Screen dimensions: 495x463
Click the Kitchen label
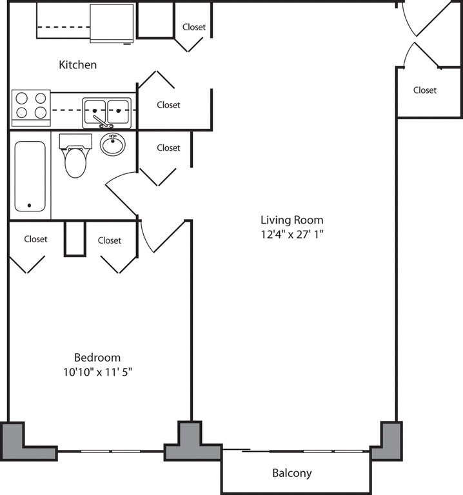(x=78, y=64)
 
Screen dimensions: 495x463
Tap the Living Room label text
(x=291, y=220)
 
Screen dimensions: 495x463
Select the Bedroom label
(x=97, y=358)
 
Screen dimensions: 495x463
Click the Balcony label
(x=291, y=473)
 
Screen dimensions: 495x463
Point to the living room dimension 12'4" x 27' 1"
(x=291, y=235)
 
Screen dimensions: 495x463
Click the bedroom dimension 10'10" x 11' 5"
(x=97, y=372)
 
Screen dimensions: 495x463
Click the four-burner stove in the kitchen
(x=31, y=106)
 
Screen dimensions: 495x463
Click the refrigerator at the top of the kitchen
(x=112, y=23)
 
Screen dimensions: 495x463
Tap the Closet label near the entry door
(x=424, y=90)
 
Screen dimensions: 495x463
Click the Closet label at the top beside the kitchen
(x=194, y=27)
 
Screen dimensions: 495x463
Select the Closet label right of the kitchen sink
(x=168, y=104)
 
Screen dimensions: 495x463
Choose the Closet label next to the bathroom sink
(x=168, y=148)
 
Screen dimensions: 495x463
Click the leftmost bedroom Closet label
(x=35, y=239)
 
